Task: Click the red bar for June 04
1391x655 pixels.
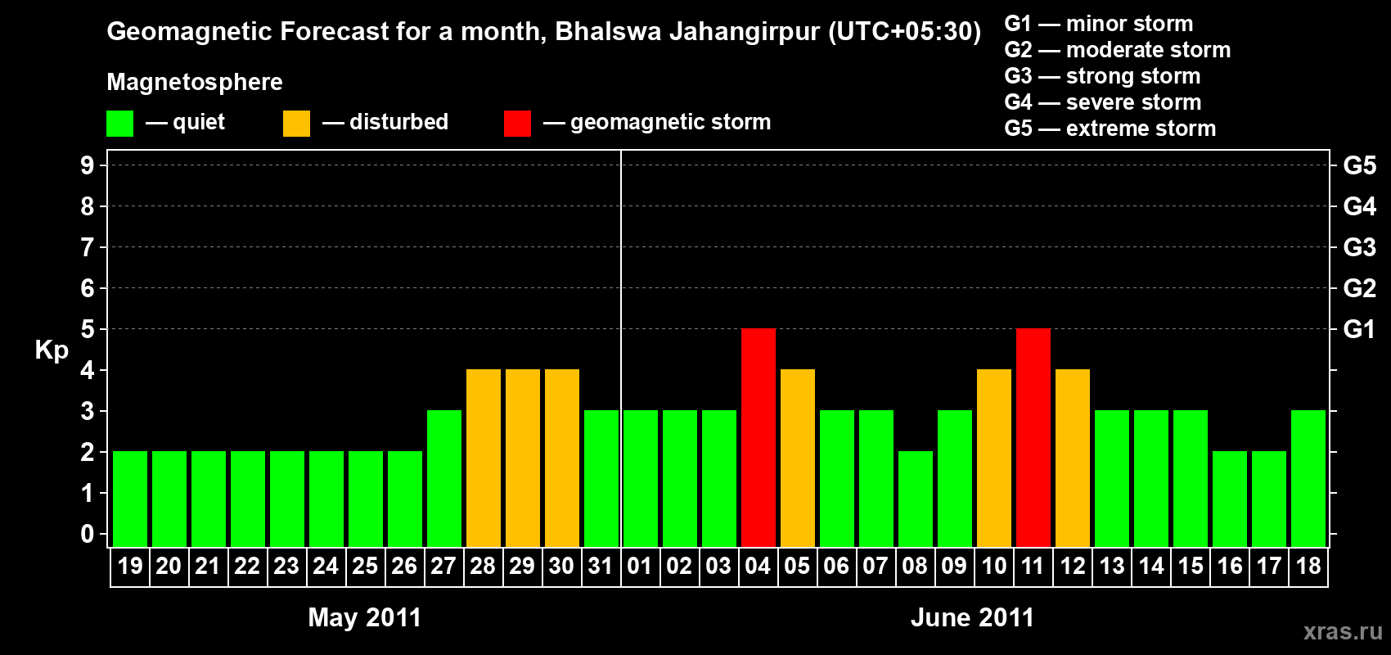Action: click(759, 437)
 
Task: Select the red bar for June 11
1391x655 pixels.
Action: click(1033, 437)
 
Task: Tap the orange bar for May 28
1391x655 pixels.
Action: click(484, 458)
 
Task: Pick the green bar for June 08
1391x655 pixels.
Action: click(916, 499)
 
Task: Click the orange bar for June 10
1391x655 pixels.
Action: click(994, 458)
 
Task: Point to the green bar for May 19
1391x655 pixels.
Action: click(130, 499)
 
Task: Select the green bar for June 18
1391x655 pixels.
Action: click(1308, 478)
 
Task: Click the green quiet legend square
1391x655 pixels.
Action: click(120, 124)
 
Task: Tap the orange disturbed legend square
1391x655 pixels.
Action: click(296, 124)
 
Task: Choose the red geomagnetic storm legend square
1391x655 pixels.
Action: click(517, 124)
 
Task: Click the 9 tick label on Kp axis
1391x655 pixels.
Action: click(88, 165)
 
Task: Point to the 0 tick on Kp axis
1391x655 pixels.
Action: click(88, 534)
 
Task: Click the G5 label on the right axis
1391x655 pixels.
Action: click(1359, 165)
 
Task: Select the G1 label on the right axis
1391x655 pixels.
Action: click(1359, 329)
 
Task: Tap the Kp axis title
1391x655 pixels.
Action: click(52, 350)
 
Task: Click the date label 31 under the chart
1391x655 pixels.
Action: click(601, 566)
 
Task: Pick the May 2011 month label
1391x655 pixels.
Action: click(364, 617)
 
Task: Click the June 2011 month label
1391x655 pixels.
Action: click(972, 617)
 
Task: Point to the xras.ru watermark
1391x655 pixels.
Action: click(1343, 630)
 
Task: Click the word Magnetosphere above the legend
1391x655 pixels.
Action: click(195, 82)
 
